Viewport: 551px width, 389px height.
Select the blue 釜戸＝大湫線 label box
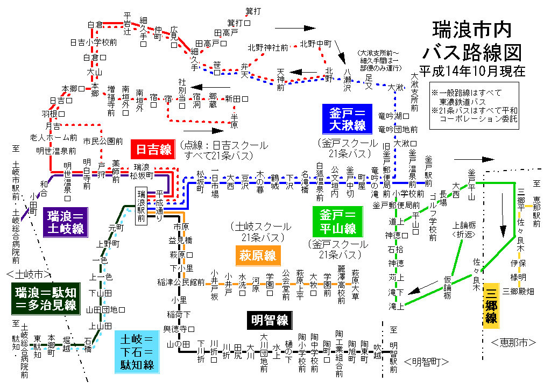click(x=348, y=119)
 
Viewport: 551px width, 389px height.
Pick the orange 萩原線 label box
click(x=258, y=255)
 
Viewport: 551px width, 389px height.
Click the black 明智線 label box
click(x=269, y=321)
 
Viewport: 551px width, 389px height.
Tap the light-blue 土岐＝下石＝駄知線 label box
click(x=137, y=352)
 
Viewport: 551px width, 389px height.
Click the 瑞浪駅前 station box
click(x=141, y=206)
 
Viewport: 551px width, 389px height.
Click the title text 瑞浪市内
click(x=472, y=30)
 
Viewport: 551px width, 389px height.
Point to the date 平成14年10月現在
click(x=472, y=70)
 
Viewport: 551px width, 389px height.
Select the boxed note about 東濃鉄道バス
click(x=475, y=105)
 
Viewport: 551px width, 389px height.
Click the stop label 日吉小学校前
click(x=94, y=42)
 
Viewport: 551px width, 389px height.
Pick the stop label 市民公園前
click(x=103, y=141)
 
